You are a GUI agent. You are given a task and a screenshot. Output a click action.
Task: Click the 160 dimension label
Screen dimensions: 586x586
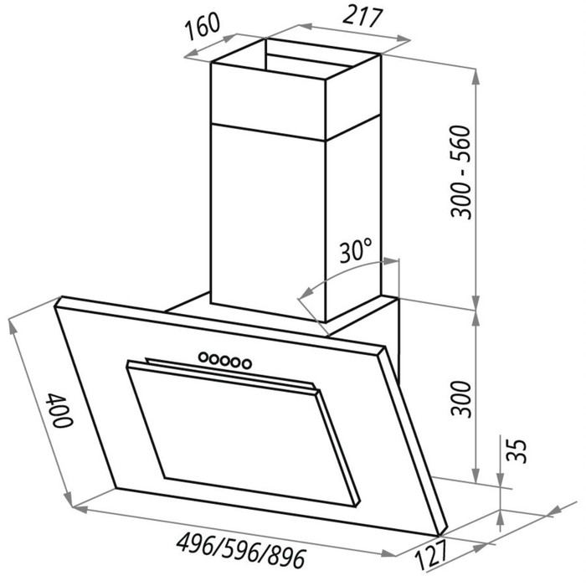(203, 26)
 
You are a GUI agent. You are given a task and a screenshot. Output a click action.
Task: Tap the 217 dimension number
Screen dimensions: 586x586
(362, 18)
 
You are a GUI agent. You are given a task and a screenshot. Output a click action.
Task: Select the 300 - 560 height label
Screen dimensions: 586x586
(460, 172)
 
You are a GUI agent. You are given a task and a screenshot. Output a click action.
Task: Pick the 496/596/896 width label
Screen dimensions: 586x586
(241, 550)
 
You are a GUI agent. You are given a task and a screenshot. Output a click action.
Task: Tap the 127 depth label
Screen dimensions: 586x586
(431, 556)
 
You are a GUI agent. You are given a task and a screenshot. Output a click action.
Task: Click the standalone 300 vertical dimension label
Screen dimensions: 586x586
(461, 398)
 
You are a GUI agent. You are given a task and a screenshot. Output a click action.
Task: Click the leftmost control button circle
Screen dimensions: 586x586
(203, 357)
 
